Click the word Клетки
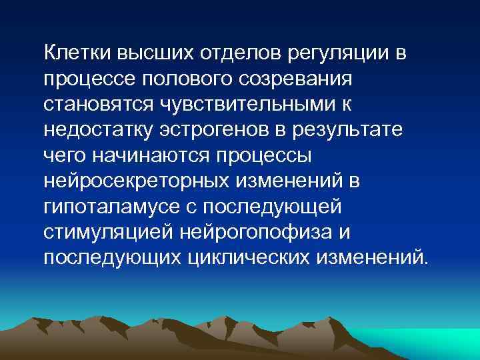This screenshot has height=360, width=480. tap(78, 52)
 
